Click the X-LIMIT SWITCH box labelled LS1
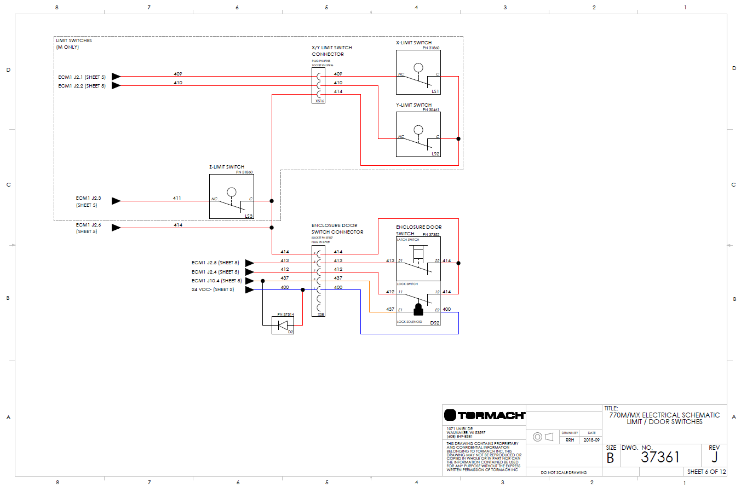pos(418,72)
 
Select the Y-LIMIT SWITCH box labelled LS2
pos(418,134)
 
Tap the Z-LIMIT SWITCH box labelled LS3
pos(231,196)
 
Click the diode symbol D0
pos(283,326)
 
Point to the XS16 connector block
pos(319,85)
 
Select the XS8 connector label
pos(320,314)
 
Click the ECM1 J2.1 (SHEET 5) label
pos(82,77)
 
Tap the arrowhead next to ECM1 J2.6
pos(116,228)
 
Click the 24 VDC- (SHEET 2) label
pos(212,289)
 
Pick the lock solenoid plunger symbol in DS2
pos(418,310)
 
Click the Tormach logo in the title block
pos(484,415)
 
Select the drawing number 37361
pos(660,457)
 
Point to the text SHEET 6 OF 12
pos(706,472)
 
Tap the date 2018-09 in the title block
pos(591,440)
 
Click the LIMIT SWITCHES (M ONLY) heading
pos(73,44)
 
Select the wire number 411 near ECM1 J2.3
pos(177,198)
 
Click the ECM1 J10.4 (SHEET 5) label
pos(216,281)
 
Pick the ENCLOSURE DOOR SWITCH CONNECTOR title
pos(337,229)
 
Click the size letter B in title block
pos(610,459)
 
